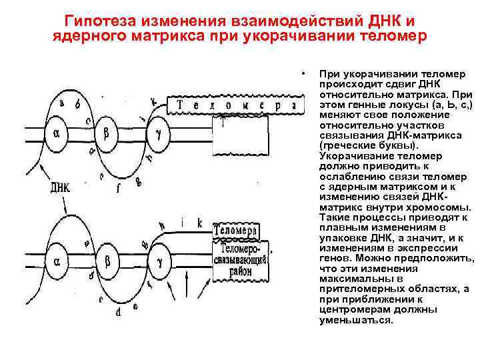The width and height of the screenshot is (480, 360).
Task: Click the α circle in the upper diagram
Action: (56, 133)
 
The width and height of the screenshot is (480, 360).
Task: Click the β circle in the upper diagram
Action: (107, 133)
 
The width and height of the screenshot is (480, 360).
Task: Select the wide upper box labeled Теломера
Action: (230, 105)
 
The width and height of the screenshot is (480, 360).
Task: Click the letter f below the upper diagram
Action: (118, 189)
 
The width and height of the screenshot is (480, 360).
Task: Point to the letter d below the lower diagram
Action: (118, 311)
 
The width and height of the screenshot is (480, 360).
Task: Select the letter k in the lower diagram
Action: (199, 223)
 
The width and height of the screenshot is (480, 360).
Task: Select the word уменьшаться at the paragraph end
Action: (357, 319)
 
